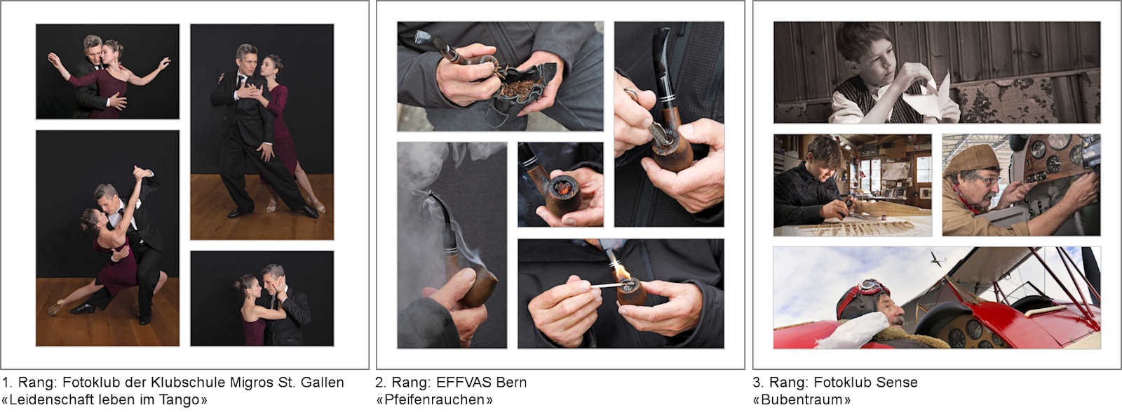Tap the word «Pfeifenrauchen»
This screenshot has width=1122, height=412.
coord(434,400)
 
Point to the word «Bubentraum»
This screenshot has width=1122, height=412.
coord(802,400)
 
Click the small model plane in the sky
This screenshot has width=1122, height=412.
coord(937,258)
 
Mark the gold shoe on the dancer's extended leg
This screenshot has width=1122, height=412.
coord(55,307)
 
